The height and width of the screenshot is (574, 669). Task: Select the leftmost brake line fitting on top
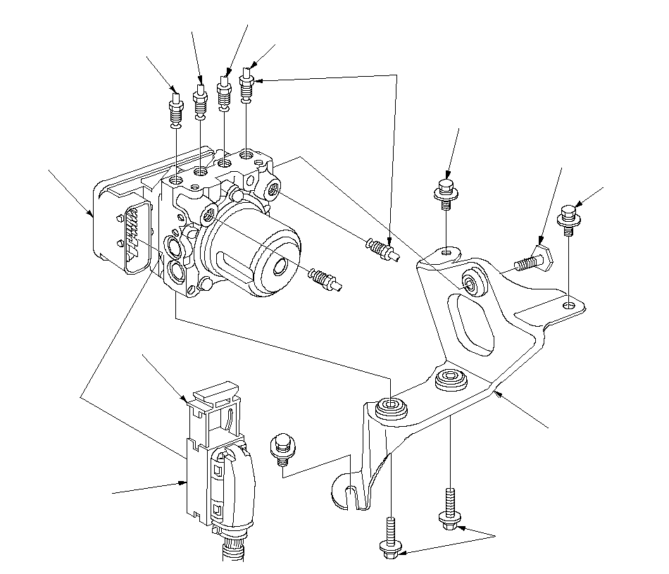click(x=175, y=110)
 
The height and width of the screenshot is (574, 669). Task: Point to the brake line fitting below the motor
click(x=325, y=279)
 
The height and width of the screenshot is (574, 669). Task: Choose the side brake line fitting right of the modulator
click(x=382, y=250)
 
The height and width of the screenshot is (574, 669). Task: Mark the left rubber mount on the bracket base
click(x=391, y=408)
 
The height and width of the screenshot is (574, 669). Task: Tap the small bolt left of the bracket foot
click(x=282, y=449)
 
